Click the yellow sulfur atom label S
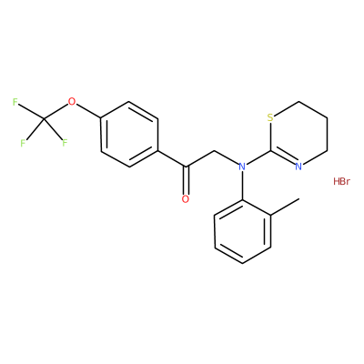(x=270, y=117)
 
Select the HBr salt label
(x=341, y=181)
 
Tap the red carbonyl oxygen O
(x=186, y=199)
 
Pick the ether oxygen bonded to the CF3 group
(x=72, y=101)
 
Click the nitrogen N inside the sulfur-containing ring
(x=298, y=167)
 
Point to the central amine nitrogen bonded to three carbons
(x=242, y=167)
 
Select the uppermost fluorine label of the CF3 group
(x=15, y=102)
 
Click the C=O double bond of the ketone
(x=186, y=180)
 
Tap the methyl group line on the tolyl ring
(x=285, y=207)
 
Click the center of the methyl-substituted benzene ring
(x=242, y=232)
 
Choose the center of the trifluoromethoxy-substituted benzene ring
(x=130, y=134)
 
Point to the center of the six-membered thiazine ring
(x=298, y=134)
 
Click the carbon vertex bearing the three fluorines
(x=44, y=118)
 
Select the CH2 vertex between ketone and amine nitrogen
(x=214, y=150)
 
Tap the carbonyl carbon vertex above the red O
(x=186, y=167)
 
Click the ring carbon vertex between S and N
(x=270, y=150)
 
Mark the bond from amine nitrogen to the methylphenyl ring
(x=242, y=185)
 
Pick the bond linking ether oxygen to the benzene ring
(x=88, y=111)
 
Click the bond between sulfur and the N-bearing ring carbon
(x=270, y=136)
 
